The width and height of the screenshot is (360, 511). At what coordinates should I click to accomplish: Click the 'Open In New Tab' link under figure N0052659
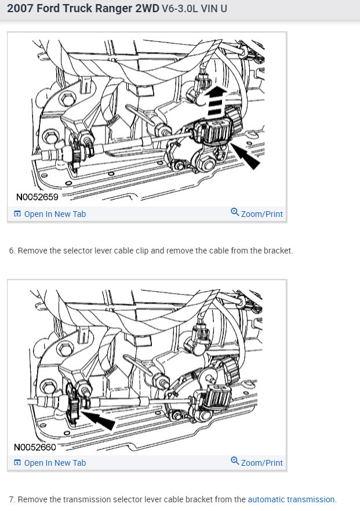click(54, 214)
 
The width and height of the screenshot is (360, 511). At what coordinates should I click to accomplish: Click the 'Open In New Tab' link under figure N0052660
click(54, 462)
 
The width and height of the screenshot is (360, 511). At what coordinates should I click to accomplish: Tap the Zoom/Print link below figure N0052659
click(261, 214)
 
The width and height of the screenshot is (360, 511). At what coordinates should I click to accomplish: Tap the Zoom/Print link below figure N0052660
click(261, 462)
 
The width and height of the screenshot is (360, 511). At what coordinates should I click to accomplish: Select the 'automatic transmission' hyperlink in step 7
click(291, 499)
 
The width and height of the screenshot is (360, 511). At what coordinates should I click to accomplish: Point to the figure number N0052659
click(37, 197)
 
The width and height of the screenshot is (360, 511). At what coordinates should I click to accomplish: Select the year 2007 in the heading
click(20, 10)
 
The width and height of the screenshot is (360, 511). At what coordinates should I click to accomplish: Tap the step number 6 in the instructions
click(12, 251)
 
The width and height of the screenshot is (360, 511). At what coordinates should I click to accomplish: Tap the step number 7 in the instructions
click(12, 499)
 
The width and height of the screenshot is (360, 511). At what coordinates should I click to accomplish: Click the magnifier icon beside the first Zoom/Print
click(235, 213)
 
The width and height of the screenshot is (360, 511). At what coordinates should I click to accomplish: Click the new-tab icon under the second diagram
click(17, 462)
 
